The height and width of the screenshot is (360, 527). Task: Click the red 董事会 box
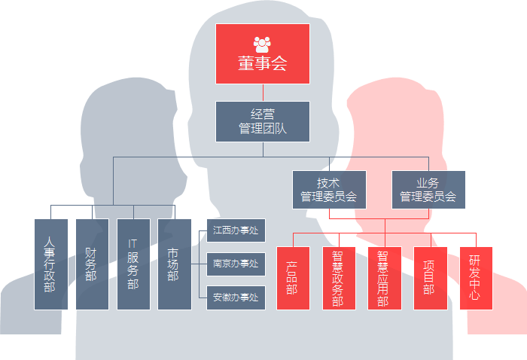(263, 54)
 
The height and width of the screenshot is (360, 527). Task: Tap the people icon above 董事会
(262, 43)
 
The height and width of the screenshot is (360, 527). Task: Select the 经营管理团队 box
(263, 121)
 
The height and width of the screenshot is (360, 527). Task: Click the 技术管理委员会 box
(329, 189)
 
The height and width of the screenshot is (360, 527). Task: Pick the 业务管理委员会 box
(428, 189)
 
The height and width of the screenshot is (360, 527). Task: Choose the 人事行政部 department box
(50, 264)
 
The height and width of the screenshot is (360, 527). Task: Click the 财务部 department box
(91, 264)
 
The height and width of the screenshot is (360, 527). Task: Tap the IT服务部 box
(133, 264)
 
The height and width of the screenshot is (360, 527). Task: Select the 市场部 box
(174, 264)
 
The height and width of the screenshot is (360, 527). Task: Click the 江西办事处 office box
(236, 230)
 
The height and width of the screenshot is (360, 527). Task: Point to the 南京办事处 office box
(236, 264)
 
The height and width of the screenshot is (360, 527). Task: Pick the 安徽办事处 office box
(236, 297)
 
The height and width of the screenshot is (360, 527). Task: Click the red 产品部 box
(293, 278)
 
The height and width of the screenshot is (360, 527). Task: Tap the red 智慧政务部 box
(338, 278)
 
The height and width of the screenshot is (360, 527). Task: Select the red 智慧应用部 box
(384, 278)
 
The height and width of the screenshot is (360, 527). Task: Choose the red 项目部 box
(430, 278)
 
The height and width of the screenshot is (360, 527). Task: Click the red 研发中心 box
(476, 278)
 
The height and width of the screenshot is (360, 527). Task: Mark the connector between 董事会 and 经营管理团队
(263, 93)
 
